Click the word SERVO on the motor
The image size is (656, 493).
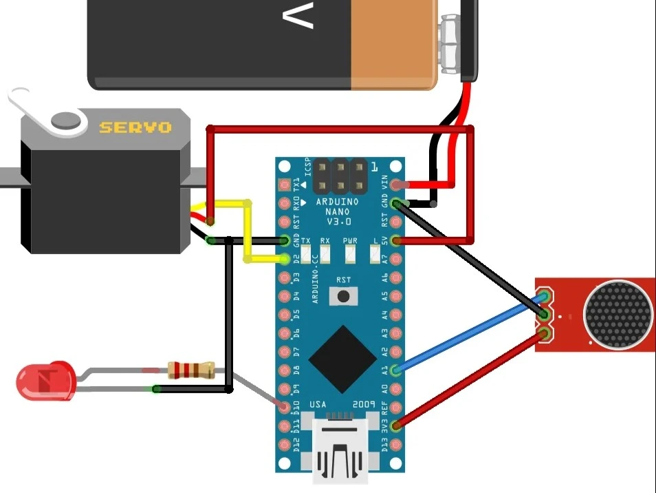(135, 127)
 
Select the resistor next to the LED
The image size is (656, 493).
(190, 370)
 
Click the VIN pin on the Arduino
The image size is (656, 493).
(397, 185)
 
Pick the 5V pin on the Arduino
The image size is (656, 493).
(397, 240)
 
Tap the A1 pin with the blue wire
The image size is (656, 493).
(397, 370)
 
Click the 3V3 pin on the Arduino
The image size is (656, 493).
(397, 426)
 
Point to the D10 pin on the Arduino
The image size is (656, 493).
(285, 407)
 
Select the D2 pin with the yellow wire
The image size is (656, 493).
(285, 260)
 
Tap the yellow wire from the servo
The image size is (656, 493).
(246, 231)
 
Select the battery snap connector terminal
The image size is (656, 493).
(450, 45)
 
